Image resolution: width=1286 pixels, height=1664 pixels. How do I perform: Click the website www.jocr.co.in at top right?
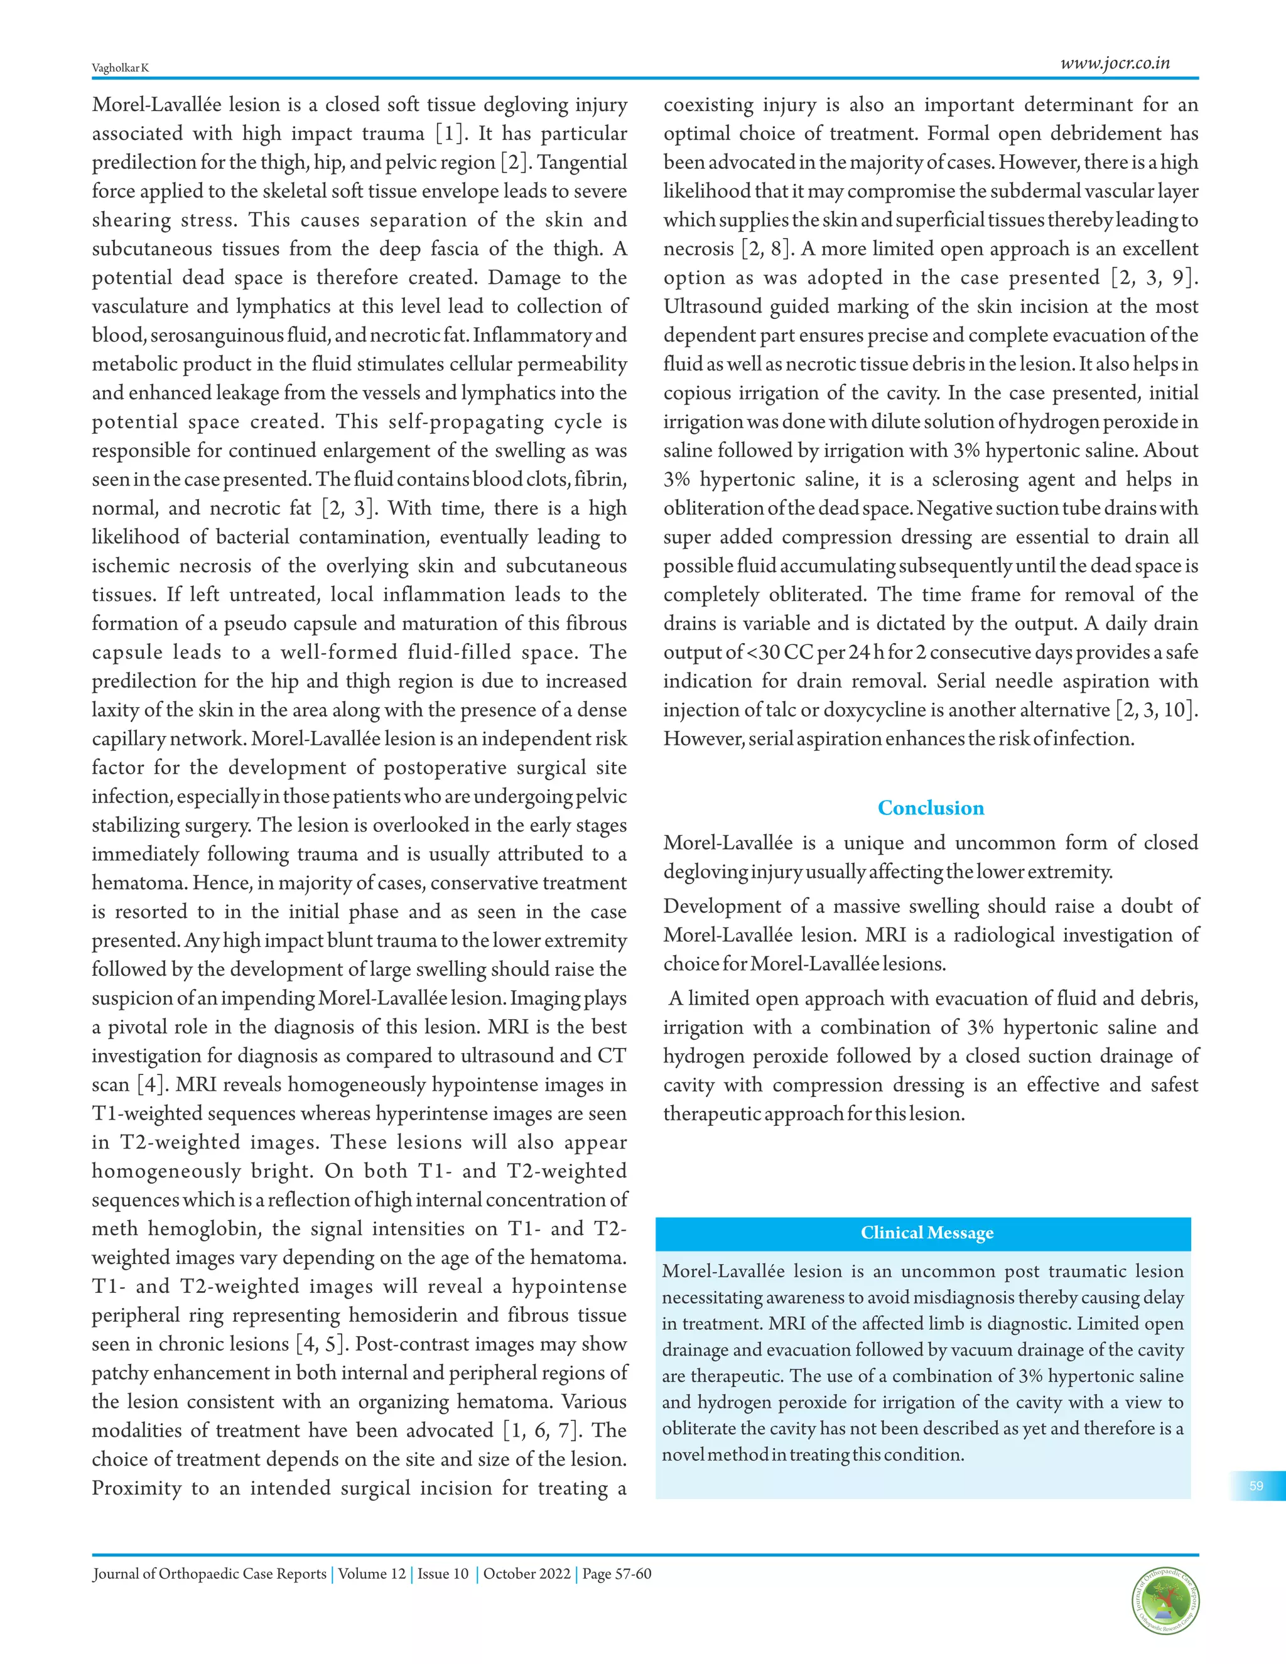click(x=1115, y=63)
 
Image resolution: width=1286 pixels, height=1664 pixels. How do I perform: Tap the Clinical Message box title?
click(x=926, y=1233)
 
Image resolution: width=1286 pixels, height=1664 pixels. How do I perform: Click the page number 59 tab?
click(x=1256, y=1486)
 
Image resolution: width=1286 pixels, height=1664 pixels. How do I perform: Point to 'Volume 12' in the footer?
click(x=372, y=1574)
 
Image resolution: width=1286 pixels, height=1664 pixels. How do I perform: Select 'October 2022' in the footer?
click(x=526, y=1574)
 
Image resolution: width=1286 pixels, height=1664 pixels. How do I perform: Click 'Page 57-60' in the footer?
click(x=617, y=1574)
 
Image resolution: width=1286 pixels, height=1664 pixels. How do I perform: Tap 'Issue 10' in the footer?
click(x=443, y=1574)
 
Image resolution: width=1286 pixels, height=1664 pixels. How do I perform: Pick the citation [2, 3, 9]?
click(x=1154, y=278)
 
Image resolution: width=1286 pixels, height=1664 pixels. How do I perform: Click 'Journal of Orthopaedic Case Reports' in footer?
click(x=210, y=1574)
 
